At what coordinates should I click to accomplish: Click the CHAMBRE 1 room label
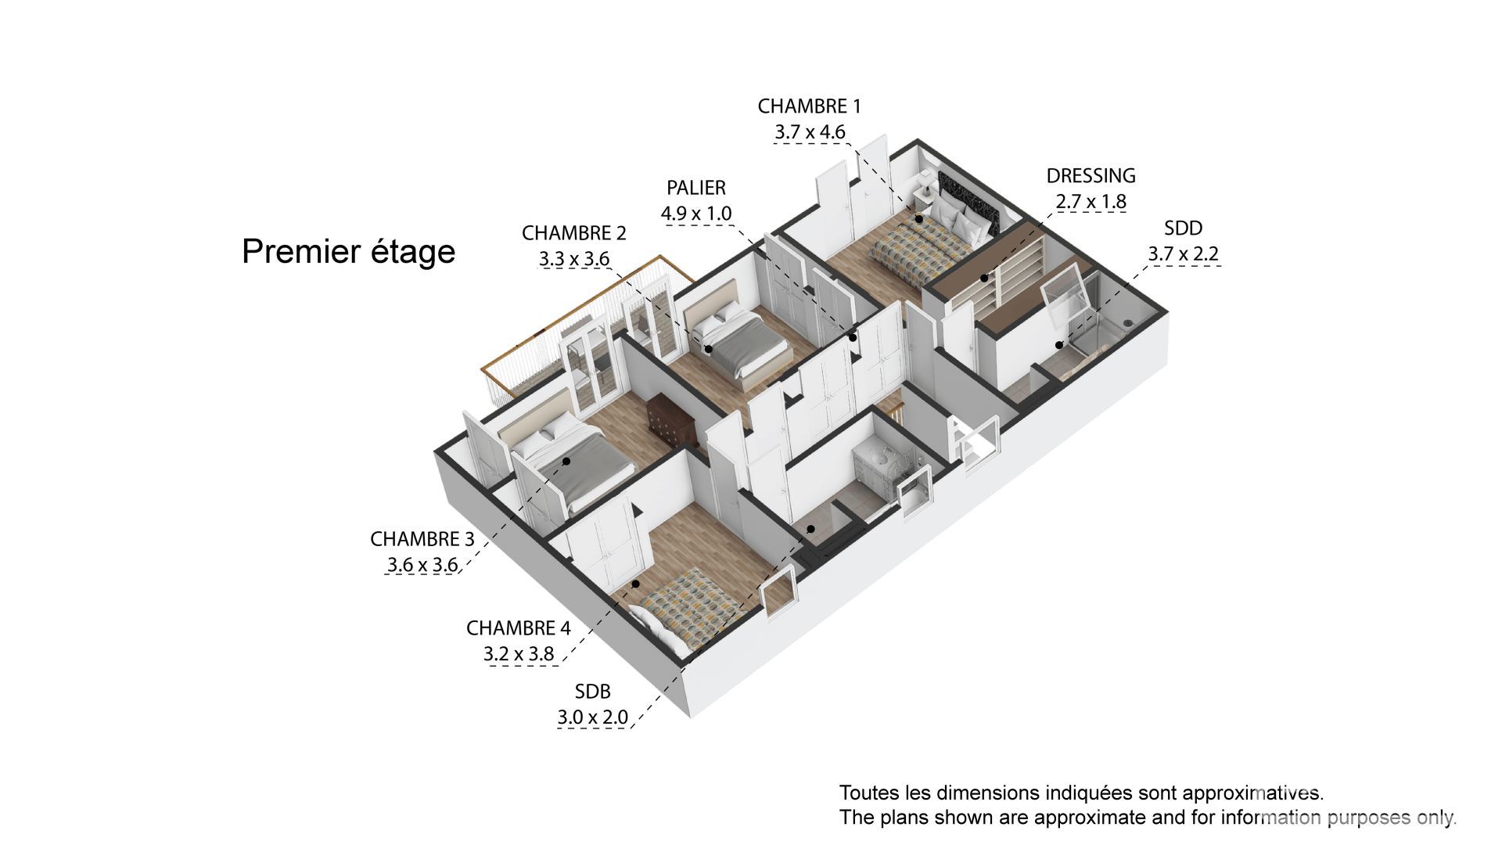809,106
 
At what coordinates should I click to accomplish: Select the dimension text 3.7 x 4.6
810,131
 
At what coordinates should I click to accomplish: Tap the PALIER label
696,188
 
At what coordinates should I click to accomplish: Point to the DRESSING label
1091,175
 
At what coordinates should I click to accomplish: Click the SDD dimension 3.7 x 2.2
1183,253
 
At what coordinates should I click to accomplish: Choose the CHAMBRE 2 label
574,233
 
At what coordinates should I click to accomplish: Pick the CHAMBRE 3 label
422,539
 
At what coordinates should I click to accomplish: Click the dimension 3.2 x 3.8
519,653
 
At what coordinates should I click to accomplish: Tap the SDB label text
592,692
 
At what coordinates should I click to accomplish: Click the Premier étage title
348,251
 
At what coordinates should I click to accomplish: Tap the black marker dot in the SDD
1059,344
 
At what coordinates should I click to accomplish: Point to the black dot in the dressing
984,278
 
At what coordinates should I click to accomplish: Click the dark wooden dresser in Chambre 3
669,423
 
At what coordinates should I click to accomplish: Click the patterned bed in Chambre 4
688,610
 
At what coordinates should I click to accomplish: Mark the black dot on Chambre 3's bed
566,462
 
